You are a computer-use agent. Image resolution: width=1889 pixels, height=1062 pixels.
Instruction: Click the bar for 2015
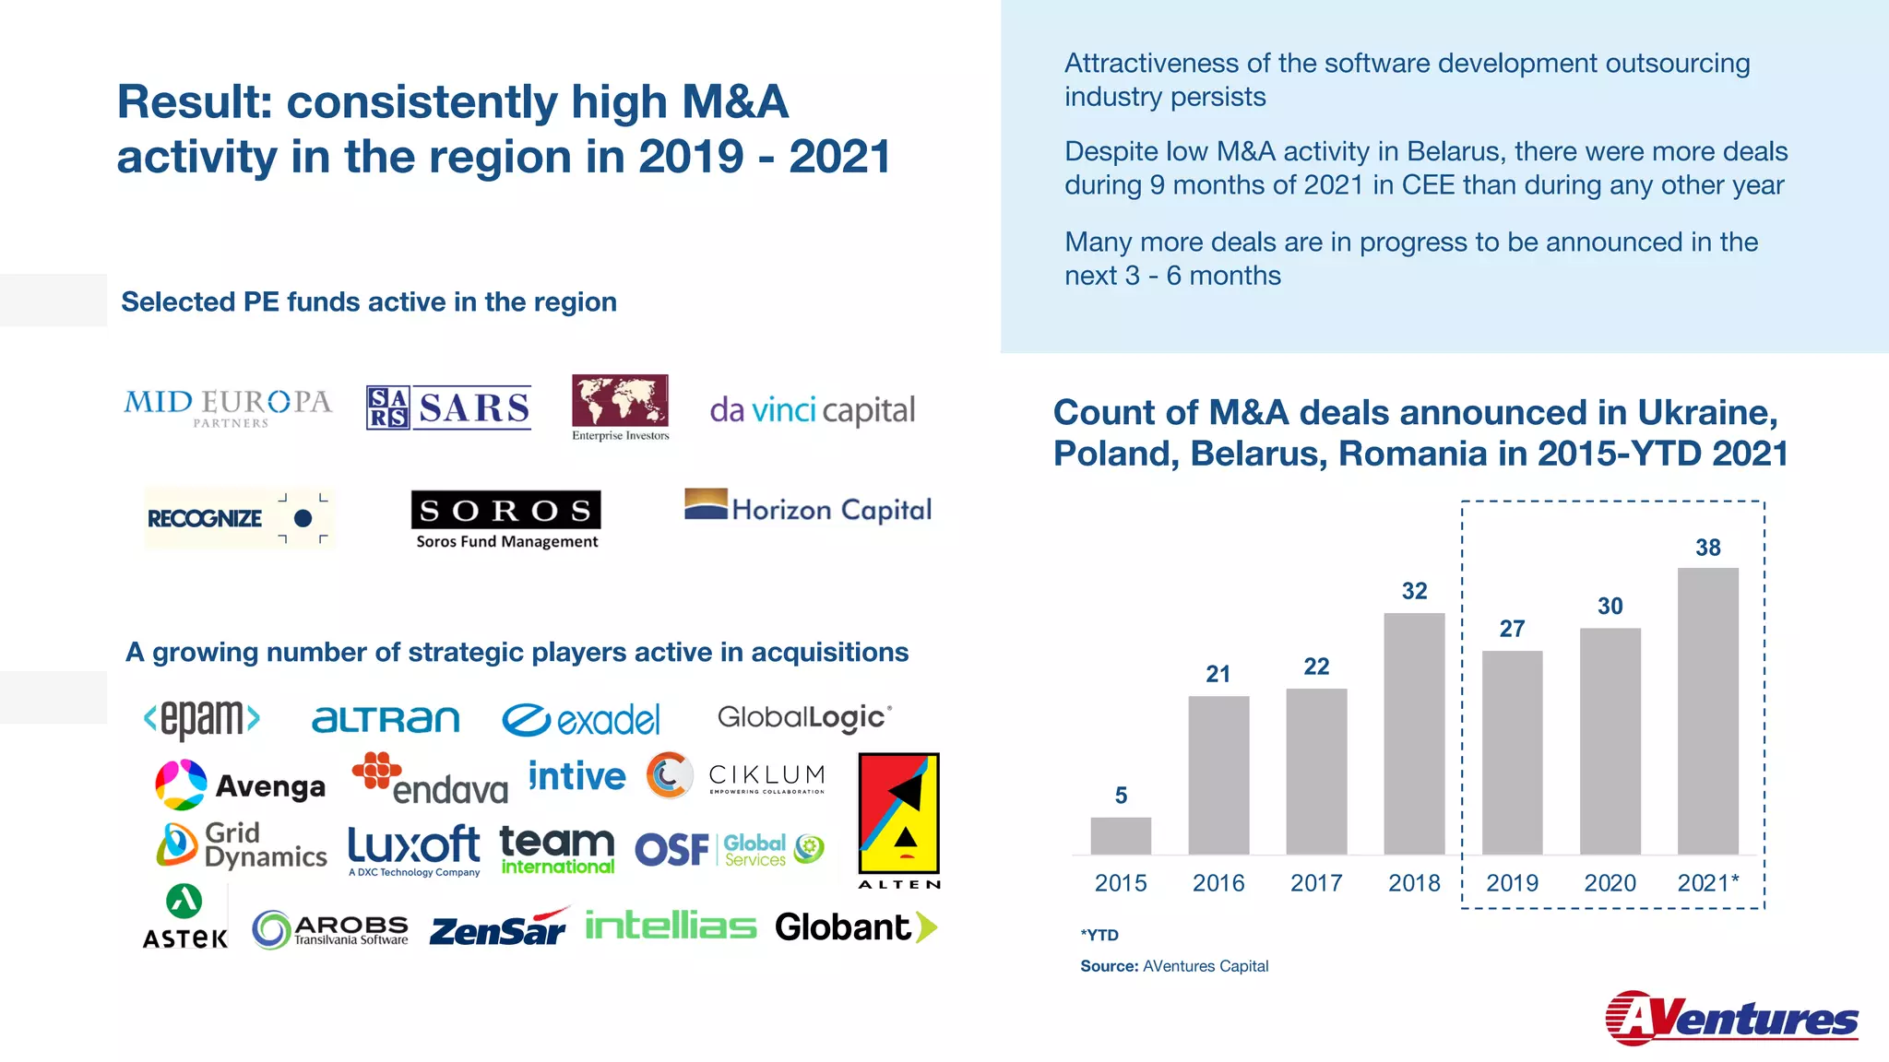[x=1121, y=835]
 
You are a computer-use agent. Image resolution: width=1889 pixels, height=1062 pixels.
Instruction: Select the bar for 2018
[x=1414, y=733]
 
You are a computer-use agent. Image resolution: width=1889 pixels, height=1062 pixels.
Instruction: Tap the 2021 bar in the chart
[x=1707, y=711]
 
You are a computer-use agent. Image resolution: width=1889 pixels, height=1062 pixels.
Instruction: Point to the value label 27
[x=1512, y=629]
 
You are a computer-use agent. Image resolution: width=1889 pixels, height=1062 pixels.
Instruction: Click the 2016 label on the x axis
[x=1218, y=883]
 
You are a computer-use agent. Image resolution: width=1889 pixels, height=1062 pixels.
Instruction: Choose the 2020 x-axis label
[x=1610, y=883]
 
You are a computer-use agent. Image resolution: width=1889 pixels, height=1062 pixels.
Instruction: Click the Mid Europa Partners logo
[x=228, y=407]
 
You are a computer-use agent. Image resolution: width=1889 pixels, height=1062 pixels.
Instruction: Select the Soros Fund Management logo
[x=506, y=520]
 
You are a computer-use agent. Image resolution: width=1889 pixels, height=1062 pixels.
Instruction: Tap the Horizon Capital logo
[x=808, y=507]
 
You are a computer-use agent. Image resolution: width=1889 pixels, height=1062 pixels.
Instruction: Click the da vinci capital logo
[x=812, y=410]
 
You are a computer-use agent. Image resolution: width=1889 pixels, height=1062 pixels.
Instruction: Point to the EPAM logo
[x=202, y=718]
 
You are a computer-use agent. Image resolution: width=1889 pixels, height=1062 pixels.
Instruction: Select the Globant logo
[x=855, y=927]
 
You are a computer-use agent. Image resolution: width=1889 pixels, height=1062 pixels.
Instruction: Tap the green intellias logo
[x=671, y=926]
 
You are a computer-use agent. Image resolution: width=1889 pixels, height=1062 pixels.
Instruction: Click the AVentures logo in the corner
[x=1731, y=1018]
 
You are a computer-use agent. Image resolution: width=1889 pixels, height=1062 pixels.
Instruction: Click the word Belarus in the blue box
[x=1458, y=151]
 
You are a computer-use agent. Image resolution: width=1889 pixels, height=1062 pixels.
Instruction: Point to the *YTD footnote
[x=1099, y=935]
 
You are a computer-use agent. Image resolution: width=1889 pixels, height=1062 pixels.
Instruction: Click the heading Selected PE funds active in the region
[x=369, y=301]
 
